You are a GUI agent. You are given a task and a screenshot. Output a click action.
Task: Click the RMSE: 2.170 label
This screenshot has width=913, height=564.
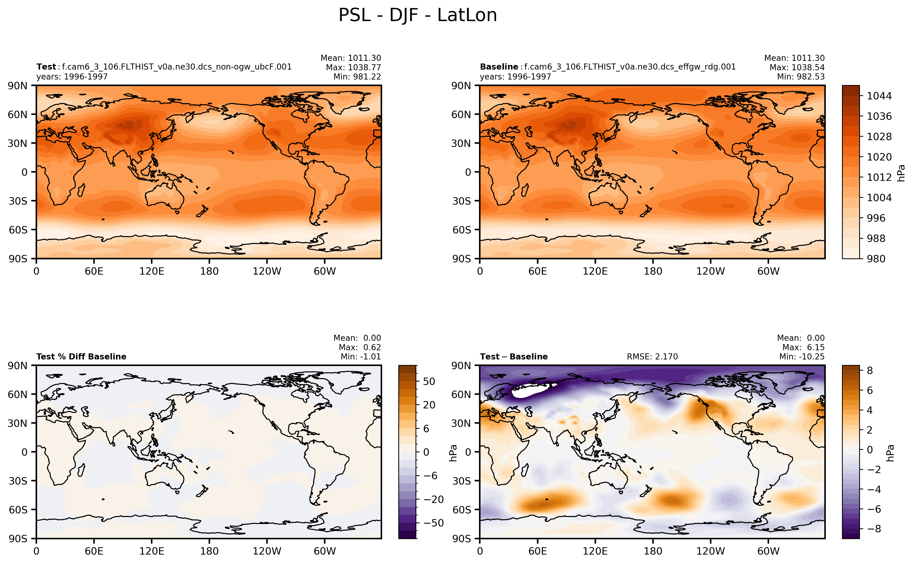coord(652,357)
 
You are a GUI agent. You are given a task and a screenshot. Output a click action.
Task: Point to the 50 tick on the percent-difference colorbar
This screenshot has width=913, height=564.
coord(429,381)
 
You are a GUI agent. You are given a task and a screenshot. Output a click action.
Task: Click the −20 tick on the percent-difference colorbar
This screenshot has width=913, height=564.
coord(433,499)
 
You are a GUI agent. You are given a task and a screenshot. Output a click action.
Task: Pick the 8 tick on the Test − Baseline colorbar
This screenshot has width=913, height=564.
coord(870,370)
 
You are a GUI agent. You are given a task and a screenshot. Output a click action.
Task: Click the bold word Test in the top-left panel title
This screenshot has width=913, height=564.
coord(46,67)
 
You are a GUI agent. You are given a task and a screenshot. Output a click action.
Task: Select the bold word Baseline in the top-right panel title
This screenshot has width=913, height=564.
coord(499,67)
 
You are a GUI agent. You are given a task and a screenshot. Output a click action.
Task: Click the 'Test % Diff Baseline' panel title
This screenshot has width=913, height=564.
coord(81,357)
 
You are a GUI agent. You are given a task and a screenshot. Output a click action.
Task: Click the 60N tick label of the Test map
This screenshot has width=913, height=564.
coord(17,114)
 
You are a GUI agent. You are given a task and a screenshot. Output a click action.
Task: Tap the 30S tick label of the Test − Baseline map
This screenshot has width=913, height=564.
coord(462,481)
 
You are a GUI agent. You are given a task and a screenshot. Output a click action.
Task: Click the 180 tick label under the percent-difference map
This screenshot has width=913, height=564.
coord(209,551)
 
